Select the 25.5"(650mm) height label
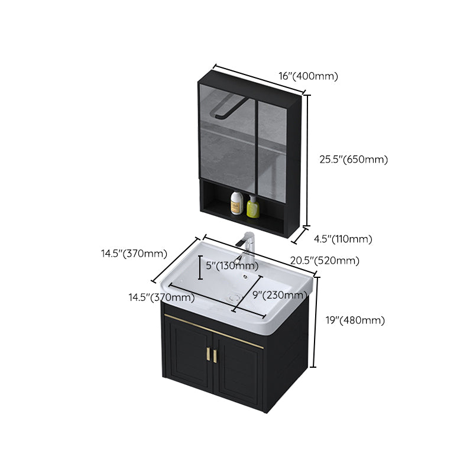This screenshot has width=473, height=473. tap(353, 159)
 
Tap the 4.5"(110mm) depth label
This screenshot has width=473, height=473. tap(342, 239)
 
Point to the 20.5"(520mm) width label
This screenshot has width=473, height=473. tap(325, 261)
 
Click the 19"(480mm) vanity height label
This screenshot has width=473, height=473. tap(355, 320)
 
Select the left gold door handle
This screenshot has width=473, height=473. tap(208, 355)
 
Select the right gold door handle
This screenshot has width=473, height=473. tap(215, 356)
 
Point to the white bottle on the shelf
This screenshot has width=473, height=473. tap(237, 203)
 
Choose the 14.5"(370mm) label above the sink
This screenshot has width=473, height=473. tap(134, 253)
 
